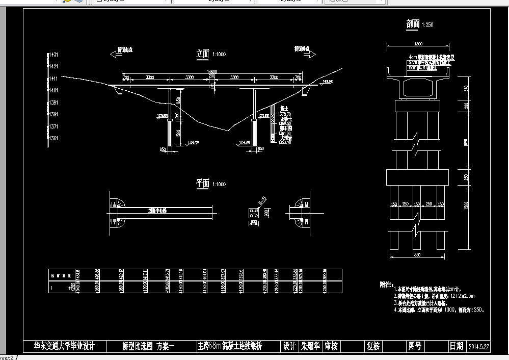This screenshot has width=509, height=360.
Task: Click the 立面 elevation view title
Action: click(x=203, y=54)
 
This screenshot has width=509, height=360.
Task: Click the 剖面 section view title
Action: click(x=413, y=24)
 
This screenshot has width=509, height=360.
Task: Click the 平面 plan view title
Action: click(x=203, y=184)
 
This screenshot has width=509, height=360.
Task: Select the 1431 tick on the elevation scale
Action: click(x=53, y=54)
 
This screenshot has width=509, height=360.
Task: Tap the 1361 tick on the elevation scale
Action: click(x=53, y=138)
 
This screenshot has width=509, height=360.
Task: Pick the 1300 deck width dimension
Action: click(x=418, y=44)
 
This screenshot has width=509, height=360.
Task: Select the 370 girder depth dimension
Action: click(x=465, y=88)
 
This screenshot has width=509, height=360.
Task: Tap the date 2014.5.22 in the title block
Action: click(x=478, y=347)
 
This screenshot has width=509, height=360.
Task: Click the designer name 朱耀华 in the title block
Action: click(x=310, y=346)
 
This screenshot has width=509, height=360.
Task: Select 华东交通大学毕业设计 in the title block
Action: click(x=65, y=346)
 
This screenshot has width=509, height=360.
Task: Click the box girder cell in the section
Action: click(x=418, y=86)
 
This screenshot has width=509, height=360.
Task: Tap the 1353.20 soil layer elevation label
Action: click(x=285, y=142)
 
